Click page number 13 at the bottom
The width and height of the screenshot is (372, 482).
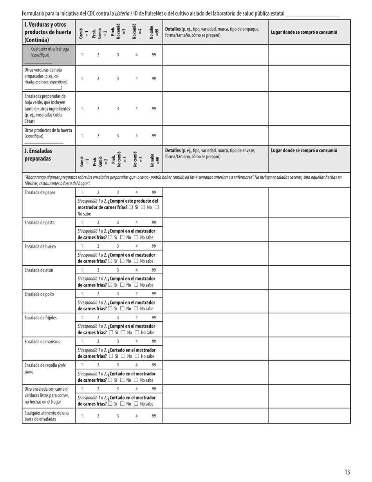[x=347, y=472]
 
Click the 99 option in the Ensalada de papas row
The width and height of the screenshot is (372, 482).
[x=154, y=192]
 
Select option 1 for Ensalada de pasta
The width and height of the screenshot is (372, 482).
[x=82, y=223]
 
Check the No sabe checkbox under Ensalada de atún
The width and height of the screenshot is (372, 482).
[x=136, y=285]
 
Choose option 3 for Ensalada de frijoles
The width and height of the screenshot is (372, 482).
[x=117, y=318]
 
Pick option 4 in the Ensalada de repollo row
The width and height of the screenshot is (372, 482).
[x=136, y=365]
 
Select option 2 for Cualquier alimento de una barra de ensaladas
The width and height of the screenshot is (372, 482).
[x=98, y=416]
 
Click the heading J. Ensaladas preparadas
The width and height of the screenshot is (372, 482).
[x=38, y=155]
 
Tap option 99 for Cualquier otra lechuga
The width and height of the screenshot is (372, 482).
[x=154, y=55]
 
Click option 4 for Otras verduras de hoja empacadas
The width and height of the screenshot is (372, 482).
[x=136, y=78]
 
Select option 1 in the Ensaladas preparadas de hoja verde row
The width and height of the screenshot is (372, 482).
[x=82, y=109]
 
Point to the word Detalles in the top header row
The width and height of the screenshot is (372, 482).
[x=173, y=29]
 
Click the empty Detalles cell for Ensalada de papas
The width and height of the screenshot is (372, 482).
[x=215, y=203]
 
